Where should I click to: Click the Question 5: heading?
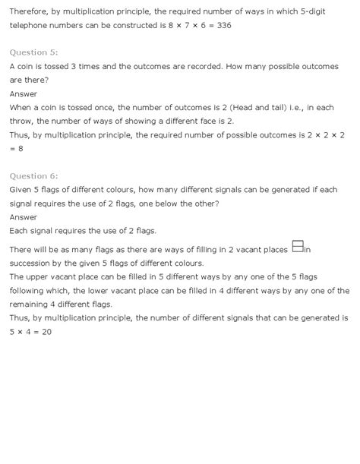[x=33, y=52]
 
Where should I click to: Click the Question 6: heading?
[x=33, y=176]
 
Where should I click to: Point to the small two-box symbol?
[x=298, y=246]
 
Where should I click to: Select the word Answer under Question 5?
[x=24, y=94]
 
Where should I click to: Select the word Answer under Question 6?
[x=24, y=217]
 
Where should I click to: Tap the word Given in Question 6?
[x=22, y=190]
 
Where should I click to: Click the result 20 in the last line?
[x=46, y=332]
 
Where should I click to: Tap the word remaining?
[x=31, y=304]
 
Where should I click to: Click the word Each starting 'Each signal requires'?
[x=20, y=231]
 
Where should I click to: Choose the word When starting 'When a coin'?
[x=21, y=108]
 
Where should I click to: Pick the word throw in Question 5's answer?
[x=24, y=122]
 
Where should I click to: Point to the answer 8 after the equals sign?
[x=21, y=149]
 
